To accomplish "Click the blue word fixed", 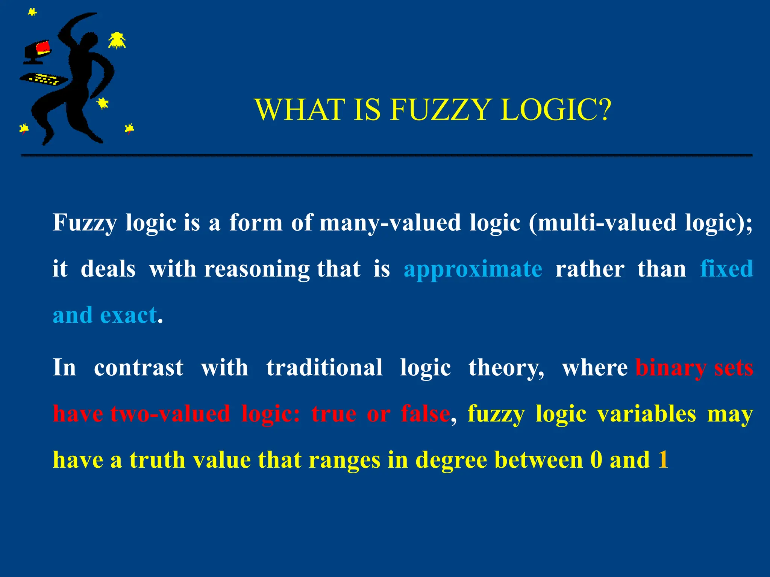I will pos(726,269).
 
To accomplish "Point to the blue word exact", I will pos(128,315).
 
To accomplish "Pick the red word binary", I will pos(671,368).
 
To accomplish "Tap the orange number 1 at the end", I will pos(663,459).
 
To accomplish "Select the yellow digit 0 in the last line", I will pos(596,459).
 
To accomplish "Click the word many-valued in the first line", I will pos(390,223).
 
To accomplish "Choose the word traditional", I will pos(324,367).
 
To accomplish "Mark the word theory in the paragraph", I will pos(506,368).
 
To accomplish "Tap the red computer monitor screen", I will pos(43,47).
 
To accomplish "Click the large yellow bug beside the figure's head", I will pos(117,41).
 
